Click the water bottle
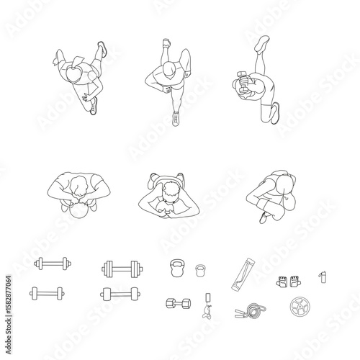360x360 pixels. click(323, 277)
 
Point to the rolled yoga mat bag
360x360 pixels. click(241, 274)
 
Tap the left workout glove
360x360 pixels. click(281, 282)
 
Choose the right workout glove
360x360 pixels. click(295, 282)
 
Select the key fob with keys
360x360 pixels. click(208, 305)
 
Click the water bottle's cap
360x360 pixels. click(323, 272)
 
